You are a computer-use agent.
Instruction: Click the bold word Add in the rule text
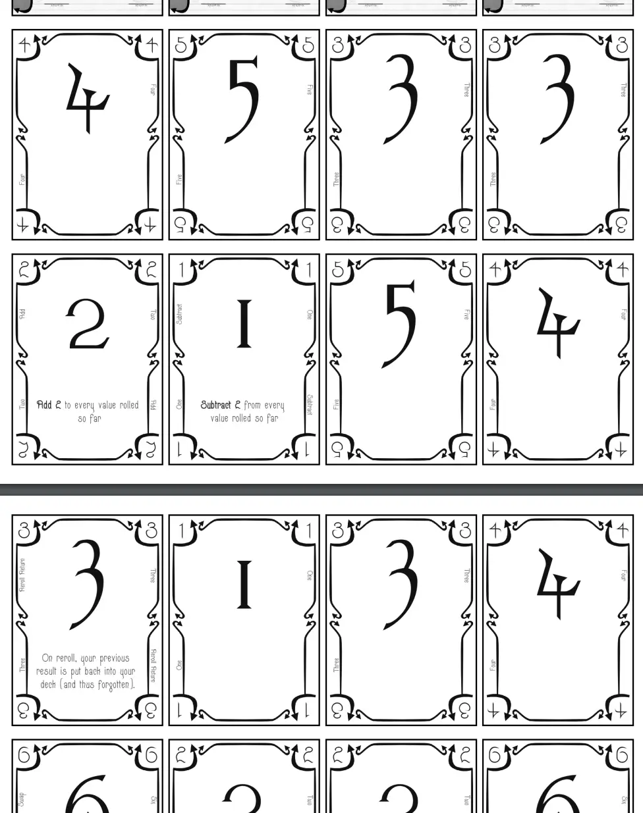click(44, 405)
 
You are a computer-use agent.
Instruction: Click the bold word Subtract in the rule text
click(215, 405)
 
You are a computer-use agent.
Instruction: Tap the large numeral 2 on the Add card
click(87, 326)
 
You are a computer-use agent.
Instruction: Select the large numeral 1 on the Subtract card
click(244, 324)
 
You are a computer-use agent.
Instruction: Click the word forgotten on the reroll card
click(114, 685)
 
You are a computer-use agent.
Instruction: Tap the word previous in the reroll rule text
click(114, 658)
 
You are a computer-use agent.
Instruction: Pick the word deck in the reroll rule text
click(48, 685)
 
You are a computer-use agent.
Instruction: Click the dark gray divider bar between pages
click(321, 489)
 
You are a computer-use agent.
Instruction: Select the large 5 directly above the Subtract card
click(243, 100)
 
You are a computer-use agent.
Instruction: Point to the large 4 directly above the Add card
click(87, 99)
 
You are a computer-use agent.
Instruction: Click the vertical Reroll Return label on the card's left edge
click(22, 574)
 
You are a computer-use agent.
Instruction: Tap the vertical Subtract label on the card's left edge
click(179, 313)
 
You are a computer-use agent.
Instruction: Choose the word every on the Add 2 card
click(84, 405)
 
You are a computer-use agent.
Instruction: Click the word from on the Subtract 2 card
click(252, 405)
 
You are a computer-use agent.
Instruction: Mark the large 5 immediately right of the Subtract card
click(400, 324)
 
